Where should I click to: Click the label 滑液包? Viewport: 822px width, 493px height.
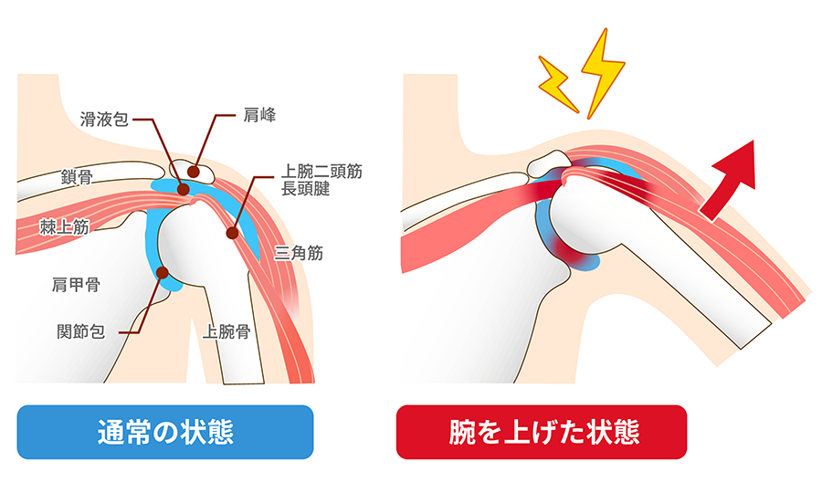104,120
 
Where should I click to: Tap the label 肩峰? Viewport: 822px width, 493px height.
259,115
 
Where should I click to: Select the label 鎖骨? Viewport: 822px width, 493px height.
77,177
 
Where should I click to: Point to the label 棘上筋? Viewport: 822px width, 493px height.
65,226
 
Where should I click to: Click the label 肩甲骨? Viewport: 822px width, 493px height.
76,285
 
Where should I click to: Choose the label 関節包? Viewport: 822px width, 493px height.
81,331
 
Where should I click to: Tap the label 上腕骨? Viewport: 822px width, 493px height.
227,331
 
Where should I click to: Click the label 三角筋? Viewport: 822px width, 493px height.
299,253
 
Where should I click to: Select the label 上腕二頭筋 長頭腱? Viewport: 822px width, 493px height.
321,180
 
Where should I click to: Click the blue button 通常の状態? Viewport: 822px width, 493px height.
165,432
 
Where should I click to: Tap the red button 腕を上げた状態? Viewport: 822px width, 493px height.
542,432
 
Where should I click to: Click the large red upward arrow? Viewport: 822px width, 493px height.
731,180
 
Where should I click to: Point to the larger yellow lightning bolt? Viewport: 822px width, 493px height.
603,72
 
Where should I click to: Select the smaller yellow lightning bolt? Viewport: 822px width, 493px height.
558,84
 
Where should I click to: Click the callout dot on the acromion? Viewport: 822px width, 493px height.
194,172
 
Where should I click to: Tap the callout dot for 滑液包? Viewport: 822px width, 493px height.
183,189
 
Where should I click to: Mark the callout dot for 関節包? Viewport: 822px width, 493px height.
163,272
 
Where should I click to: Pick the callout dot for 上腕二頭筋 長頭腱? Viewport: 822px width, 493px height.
232,233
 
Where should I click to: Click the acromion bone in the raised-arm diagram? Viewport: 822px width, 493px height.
548,164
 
